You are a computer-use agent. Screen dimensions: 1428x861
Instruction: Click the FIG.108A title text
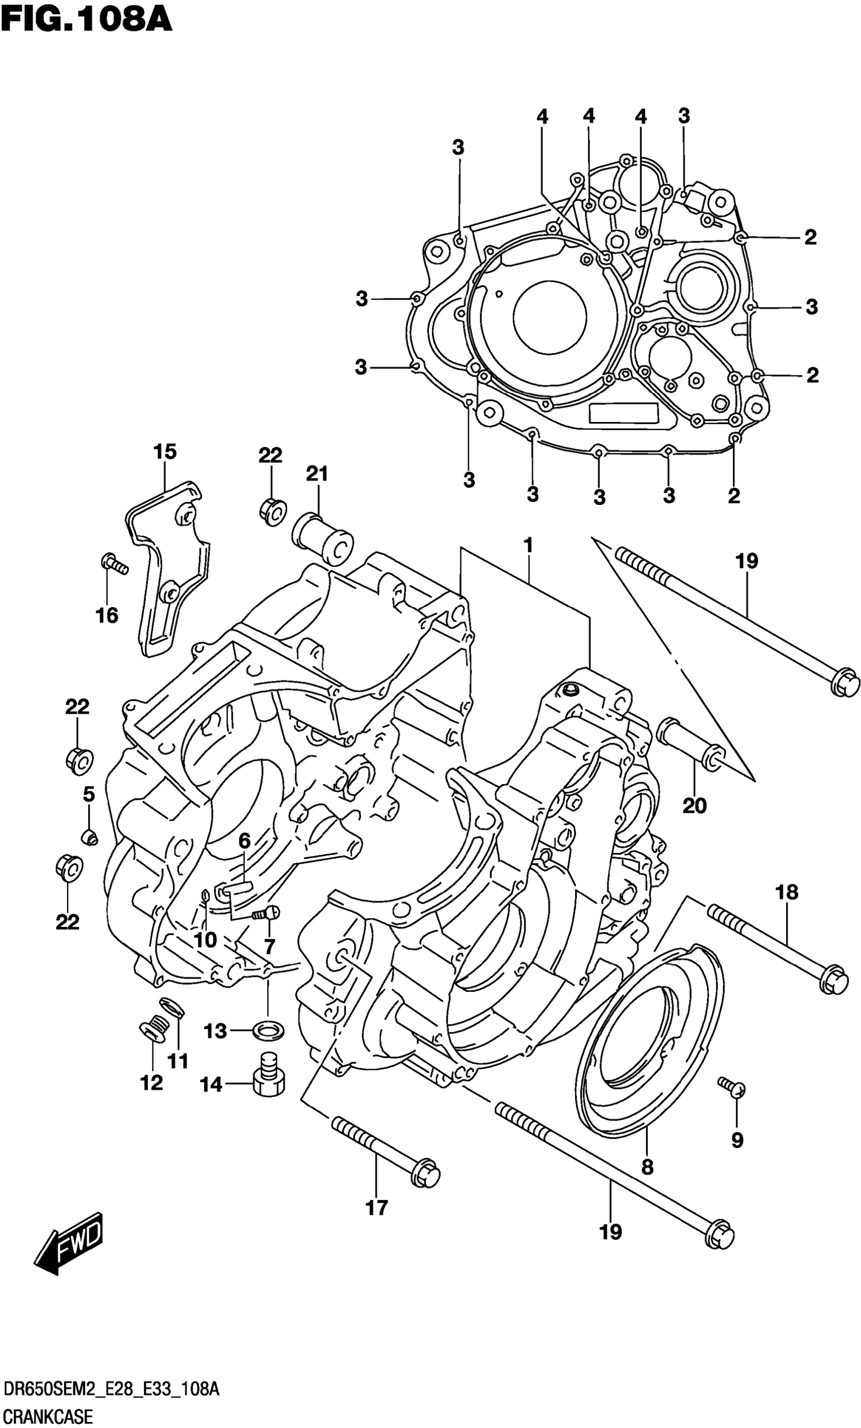[x=87, y=19]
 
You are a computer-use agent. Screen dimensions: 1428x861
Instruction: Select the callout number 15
[x=165, y=451]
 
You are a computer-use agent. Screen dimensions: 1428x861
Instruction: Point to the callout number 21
[x=317, y=474]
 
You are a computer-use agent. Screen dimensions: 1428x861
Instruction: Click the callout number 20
[x=695, y=805]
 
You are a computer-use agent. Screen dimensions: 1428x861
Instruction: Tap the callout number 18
[x=786, y=892]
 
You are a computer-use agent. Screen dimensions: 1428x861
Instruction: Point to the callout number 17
[x=377, y=1208]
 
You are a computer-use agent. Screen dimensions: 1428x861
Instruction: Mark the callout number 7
[x=269, y=946]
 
